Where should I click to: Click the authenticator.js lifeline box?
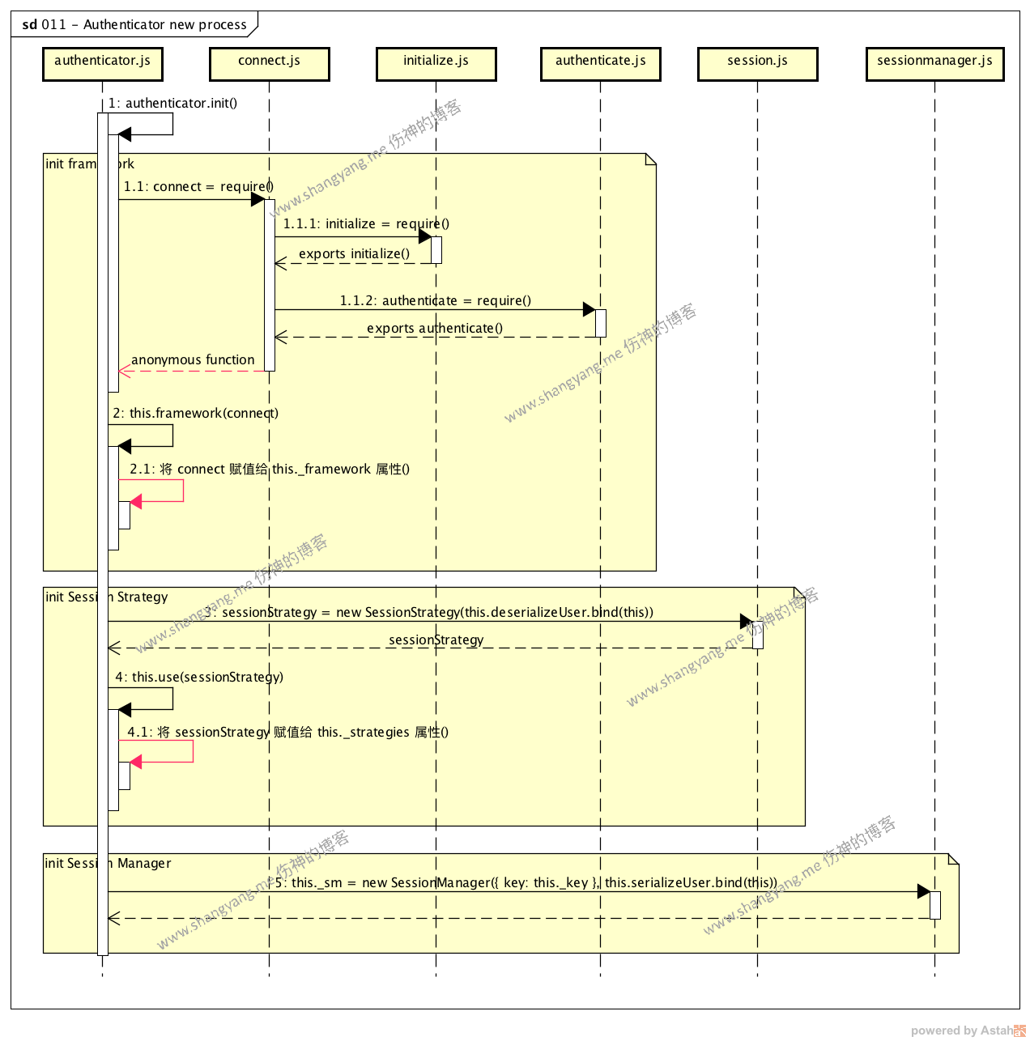(x=103, y=64)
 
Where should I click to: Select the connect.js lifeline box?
(x=270, y=64)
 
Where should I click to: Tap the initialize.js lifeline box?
(x=436, y=64)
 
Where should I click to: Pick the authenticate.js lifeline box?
(x=601, y=64)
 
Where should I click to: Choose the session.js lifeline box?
(x=758, y=64)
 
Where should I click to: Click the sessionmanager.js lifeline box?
(x=934, y=64)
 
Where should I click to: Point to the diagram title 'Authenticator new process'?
(x=164, y=25)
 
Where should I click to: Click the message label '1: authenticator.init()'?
(x=173, y=104)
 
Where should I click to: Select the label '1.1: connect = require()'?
(x=198, y=187)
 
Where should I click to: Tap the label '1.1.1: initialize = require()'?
(x=366, y=224)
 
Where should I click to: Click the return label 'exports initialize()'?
(x=355, y=254)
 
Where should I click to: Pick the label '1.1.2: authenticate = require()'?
(x=436, y=301)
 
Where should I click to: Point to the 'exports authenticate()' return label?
(x=435, y=329)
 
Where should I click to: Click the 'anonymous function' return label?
(x=193, y=360)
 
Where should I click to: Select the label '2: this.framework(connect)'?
(x=196, y=414)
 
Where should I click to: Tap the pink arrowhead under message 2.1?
(x=136, y=502)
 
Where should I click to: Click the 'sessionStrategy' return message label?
(x=436, y=640)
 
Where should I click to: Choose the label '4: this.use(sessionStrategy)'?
(x=199, y=678)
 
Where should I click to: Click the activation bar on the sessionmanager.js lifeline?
(x=934, y=905)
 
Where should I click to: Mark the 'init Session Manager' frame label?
(x=108, y=864)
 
